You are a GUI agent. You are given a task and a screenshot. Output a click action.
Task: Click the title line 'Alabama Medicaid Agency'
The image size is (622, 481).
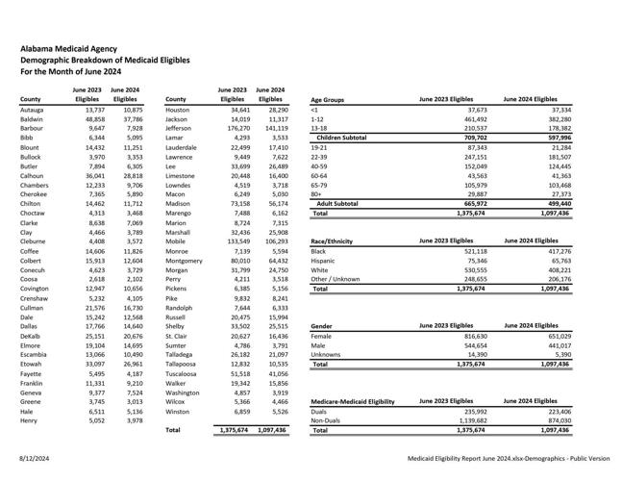tap(69, 46)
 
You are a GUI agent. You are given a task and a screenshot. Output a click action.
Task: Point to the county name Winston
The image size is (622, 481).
tap(178, 412)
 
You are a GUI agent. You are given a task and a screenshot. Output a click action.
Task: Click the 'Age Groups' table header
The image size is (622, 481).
tap(328, 99)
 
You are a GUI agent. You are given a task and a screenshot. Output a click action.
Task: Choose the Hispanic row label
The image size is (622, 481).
tap(323, 260)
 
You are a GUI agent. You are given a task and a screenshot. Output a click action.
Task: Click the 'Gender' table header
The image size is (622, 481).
tap(322, 326)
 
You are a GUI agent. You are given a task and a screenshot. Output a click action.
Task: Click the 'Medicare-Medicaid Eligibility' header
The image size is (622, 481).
tap(353, 401)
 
